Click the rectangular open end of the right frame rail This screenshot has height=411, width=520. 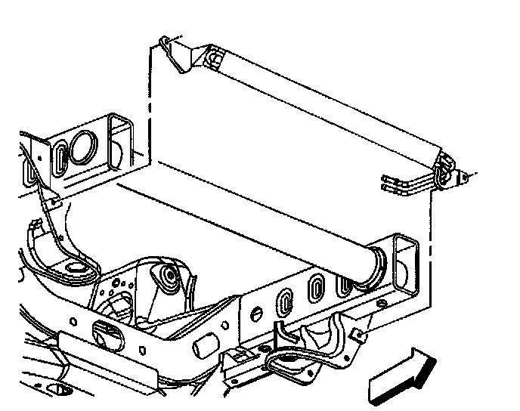click(407, 264)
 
